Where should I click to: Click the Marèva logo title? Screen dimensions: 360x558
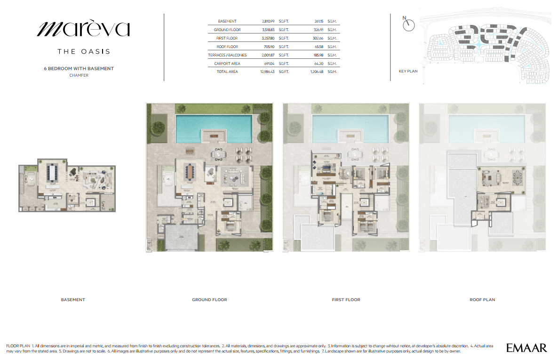[83, 29]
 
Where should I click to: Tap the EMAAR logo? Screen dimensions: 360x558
[526, 348]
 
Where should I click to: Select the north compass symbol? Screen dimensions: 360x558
[409, 25]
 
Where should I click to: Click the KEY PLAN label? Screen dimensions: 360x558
[407, 72]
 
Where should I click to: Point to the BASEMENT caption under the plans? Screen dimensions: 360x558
[73, 300]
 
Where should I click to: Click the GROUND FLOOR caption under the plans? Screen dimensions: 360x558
[209, 300]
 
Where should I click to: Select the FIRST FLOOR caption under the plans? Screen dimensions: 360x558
[346, 300]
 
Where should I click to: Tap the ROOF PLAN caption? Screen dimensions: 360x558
[482, 300]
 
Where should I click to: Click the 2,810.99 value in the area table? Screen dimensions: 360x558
[269, 22]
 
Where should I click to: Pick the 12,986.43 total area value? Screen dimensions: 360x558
[268, 72]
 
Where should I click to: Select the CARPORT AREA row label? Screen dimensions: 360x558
[226, 64]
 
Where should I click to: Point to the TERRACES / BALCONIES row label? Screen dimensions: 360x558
[227, 55]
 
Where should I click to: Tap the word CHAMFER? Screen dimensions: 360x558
[79, 75]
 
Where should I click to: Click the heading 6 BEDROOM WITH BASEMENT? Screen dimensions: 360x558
[79, 68]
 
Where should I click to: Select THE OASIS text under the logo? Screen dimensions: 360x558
[83, 51]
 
